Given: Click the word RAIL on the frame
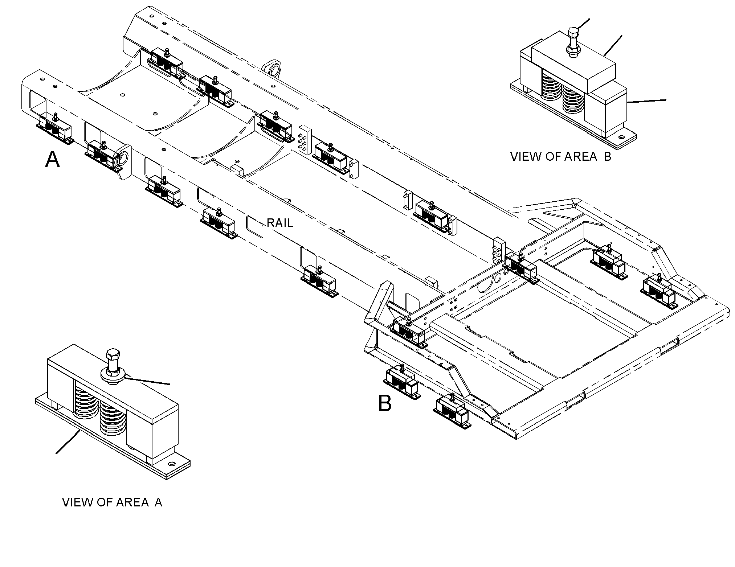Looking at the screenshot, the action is [x=280, y=223].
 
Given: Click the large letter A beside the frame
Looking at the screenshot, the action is [x=52, y=160].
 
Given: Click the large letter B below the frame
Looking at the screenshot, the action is [x=385, y=403].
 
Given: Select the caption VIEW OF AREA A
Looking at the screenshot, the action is [x=112, y=502].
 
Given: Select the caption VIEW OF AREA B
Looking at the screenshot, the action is [x=561, y=157].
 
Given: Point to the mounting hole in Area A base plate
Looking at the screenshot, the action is [x=171, y=464].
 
